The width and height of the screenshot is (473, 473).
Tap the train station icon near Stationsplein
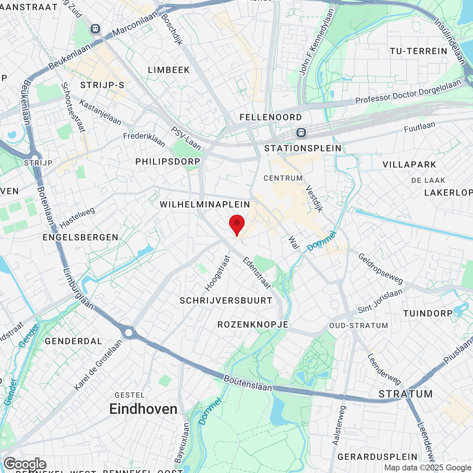click(301, 132)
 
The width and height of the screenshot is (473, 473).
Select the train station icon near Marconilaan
click(95, 28)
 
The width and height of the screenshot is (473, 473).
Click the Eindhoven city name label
click(143, 409)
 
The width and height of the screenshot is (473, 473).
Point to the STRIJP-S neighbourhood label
click(102, 85)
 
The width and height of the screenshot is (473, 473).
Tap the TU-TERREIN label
click(419, 51)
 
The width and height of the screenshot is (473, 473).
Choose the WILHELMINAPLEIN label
click(205, 204)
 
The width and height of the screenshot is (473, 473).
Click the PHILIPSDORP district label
click(168, 161)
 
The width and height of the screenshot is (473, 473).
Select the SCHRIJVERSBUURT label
click(226, 300)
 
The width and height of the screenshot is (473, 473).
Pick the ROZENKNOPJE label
click(253, 324)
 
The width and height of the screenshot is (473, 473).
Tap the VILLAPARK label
click(409, 164)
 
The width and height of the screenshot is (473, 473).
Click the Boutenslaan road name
click(248, 383)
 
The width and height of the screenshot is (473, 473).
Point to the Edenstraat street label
click(257, 273)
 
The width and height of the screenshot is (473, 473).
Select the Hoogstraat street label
click(218, 273)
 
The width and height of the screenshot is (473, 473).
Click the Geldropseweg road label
click(381, 268)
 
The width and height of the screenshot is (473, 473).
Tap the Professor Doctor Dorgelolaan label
click(408, 92)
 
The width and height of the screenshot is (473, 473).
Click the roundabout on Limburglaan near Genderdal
click(129, 333)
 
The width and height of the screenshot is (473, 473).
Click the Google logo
click(25, 464)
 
